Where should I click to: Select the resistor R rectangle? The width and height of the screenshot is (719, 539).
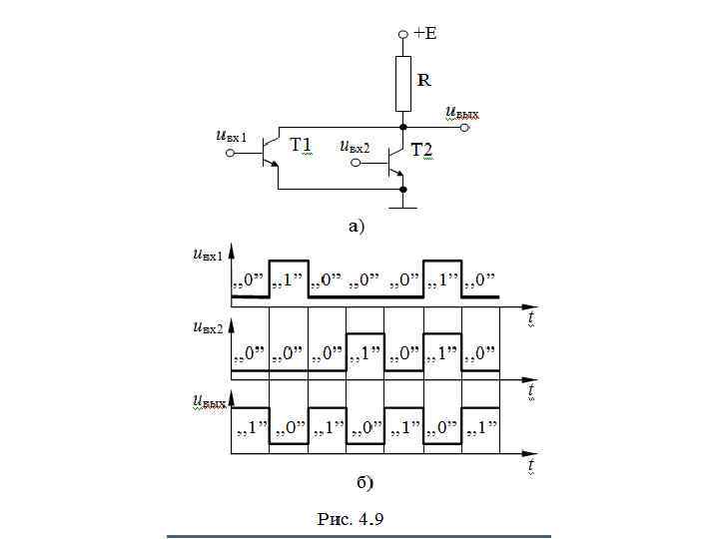click(x=402, y=84)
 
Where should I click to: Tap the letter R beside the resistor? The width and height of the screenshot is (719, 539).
click(x=423, y=79)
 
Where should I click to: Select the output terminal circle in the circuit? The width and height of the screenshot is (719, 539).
click(x=463, y=128)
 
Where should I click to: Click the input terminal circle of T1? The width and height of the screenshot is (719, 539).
click(x=230, y=153)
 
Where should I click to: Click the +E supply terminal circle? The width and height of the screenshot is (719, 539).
click(x=402, y=33)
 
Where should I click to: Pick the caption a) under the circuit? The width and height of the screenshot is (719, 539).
click(x=357, y=226)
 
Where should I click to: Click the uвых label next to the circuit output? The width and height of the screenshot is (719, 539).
click(x=461, y=113)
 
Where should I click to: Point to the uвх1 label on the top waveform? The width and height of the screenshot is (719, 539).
click(x=209, y=255)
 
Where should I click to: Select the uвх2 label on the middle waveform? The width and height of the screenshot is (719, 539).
click(x=209, y=326)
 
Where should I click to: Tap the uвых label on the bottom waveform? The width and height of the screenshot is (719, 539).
click(x=209, y=401)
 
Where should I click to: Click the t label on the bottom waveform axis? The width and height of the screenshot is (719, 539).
click(x=532, y=465)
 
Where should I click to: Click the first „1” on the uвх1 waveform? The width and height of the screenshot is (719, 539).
click(x=289, y=278)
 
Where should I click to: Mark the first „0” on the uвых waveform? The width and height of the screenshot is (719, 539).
click(x=289, y=430)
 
